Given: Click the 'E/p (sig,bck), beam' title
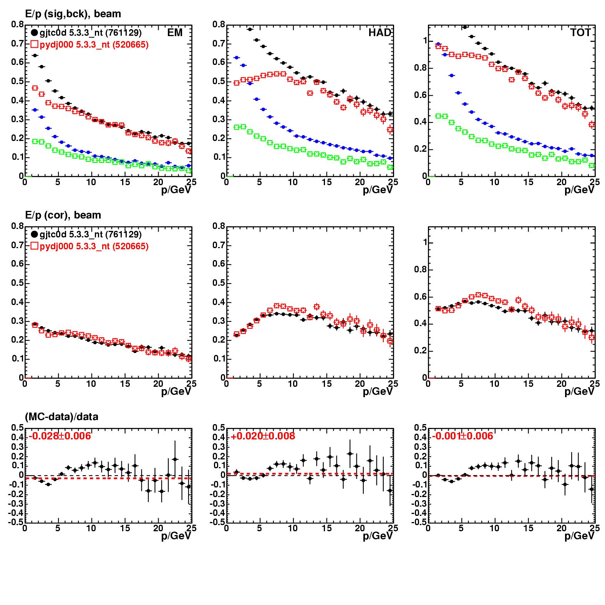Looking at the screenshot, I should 73,14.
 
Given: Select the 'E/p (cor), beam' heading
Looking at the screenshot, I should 63,215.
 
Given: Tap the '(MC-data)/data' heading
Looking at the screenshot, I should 61,417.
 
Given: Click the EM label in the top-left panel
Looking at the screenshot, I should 175,33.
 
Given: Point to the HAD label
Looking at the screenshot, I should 379,33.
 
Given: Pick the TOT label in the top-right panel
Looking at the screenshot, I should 580,33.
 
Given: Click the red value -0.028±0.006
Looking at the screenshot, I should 60,436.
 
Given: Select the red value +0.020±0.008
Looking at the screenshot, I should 263,436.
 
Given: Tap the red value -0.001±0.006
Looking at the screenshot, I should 462,436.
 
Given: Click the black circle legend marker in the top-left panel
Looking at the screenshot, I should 34,33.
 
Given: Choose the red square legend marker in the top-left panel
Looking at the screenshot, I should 34,45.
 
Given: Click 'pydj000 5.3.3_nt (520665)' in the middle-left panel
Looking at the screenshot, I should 94,246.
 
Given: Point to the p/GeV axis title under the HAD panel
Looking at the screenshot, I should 378,190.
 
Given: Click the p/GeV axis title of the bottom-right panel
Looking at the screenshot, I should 579,535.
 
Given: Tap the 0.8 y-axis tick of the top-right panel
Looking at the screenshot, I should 421,68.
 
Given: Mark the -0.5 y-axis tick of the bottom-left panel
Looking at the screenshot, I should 16,522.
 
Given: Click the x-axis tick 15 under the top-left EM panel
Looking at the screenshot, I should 125,182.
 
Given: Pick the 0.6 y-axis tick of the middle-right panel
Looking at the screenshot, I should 421,297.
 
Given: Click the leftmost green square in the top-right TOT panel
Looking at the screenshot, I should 438,116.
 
